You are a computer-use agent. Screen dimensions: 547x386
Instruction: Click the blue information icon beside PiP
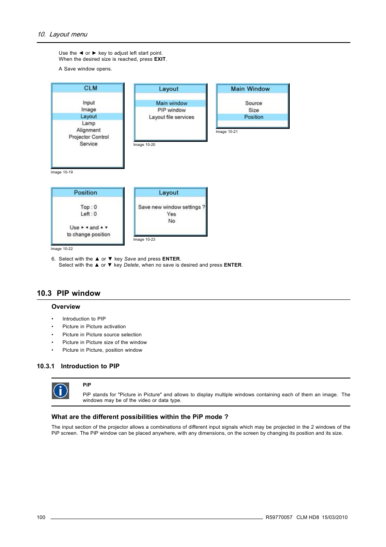click(60, 391)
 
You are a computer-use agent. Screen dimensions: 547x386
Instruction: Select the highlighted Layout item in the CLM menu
click(88, 116)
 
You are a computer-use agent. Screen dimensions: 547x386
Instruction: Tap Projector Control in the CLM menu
click(89, 137)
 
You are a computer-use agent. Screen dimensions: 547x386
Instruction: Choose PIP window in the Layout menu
click(172, 110)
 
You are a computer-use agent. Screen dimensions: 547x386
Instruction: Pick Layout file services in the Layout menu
click(171, 117)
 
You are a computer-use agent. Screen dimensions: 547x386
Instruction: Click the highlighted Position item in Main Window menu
click(253, 117)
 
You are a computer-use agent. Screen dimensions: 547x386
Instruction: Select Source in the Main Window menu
click(253, 103)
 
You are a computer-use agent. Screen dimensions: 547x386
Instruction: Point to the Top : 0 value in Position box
click(89, 207)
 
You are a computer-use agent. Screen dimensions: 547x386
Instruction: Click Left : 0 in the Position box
click(89, 214)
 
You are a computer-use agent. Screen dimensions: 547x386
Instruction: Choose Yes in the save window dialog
click(172, 214)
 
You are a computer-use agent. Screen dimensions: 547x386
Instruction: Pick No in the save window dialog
click(172, 221)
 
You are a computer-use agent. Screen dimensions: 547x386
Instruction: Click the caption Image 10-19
click(62, 172)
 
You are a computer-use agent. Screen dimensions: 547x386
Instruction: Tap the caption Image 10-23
click(144, 239)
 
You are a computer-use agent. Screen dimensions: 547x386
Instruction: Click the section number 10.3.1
click(45, 366)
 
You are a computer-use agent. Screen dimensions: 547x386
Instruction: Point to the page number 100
click(41, 517)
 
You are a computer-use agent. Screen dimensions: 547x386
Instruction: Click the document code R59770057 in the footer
click(279, 517)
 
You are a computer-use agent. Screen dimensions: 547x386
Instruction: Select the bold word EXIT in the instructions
click(160, 59)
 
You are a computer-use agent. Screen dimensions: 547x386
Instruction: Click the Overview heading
click(66, 307)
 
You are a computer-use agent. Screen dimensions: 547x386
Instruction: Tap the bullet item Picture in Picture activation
click(94, 327)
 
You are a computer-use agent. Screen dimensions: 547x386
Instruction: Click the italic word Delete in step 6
click(131, 265)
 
